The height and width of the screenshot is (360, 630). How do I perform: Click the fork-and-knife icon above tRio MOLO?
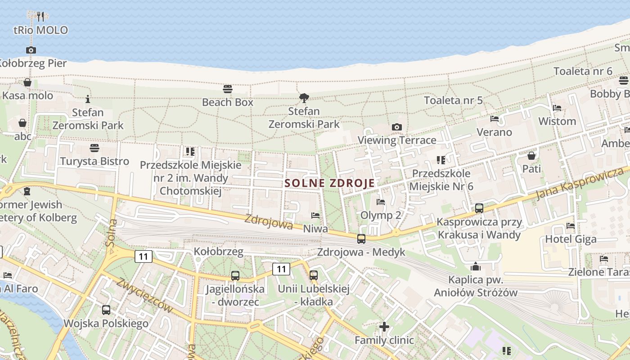[x=40, y=16]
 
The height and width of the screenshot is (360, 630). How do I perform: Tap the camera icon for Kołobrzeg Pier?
[x=31, y=50]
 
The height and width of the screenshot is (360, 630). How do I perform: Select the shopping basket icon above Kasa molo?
[x=27, y=82]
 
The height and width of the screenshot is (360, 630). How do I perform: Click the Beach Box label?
[x=228, y=102]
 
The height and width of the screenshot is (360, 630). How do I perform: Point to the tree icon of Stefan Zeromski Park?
[x=304, y=98]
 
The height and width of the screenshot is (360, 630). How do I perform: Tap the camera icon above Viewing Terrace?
[x=396, y=127]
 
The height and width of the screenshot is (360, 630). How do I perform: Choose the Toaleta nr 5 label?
[x=453, y=100]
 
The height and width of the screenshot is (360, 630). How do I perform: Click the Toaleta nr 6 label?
[x=583, y=71]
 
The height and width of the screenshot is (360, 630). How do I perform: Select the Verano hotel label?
[x=494, y=132]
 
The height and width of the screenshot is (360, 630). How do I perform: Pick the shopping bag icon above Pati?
[x=531, y=156]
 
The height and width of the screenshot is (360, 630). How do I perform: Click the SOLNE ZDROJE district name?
[x=330, y=183]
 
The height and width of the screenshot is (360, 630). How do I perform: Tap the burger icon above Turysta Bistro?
[x=94, y=148]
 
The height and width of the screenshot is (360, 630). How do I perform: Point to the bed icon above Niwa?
[x=315, y=216]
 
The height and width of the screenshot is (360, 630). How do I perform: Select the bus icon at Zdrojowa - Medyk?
[x=361, y=239]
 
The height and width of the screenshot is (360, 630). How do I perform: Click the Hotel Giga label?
[x=571, y=239]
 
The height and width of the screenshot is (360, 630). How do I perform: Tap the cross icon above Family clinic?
[x=384, y=326]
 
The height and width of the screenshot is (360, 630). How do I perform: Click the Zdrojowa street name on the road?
[x=269, y=221]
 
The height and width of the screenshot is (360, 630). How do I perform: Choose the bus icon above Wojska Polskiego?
[x=106, y=310]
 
